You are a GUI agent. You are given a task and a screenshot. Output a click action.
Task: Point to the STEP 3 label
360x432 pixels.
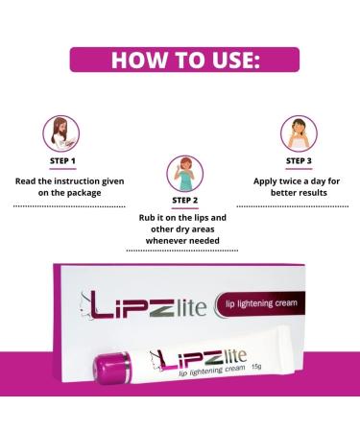pos(299,161)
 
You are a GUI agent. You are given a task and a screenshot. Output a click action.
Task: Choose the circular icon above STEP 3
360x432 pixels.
pos(299,132)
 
